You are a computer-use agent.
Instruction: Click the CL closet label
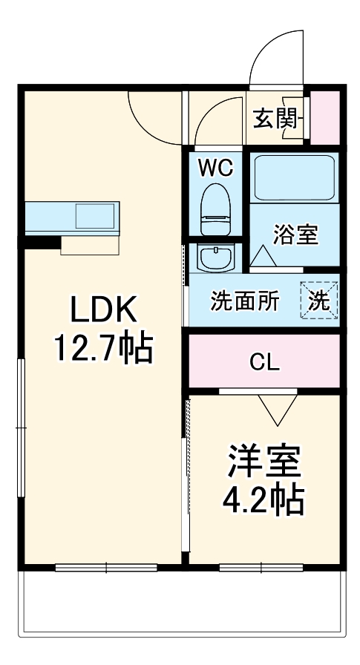(x=264, y=363)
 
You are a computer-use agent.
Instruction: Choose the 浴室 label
(x=295, y=235)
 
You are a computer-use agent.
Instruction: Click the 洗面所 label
(x=245, y=301)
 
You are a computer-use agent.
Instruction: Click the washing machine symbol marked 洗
(x=320, y=301)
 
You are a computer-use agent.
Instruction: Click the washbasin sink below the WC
(x=215, y=258)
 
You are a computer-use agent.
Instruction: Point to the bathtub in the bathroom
(x=295, y=177)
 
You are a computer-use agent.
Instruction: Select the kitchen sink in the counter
(x=95, y=216)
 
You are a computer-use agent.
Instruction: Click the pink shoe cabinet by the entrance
(x=324, y=117)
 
